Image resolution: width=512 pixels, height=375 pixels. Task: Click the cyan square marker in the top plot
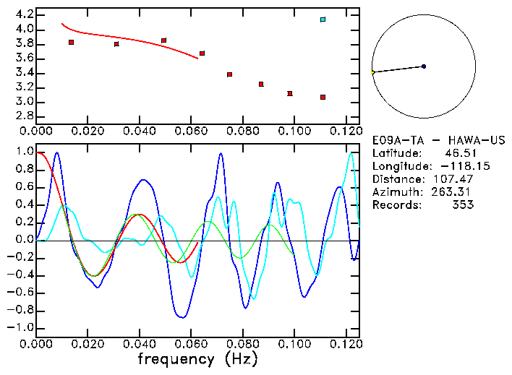coord(323,20)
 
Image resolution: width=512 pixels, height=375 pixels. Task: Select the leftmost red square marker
coord(71,43)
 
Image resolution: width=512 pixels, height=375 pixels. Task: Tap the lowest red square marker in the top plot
coord(323,97)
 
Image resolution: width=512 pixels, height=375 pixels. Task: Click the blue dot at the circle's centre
coord(424,66)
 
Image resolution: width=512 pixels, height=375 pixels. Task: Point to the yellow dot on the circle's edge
coord(372,73)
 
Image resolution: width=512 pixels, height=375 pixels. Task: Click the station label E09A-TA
coord(395,140)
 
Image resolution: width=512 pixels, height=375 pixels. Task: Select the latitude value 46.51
coord(458,153)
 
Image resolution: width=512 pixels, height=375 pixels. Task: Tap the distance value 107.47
coord(452,179)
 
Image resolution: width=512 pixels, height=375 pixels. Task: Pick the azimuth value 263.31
coord(452,192)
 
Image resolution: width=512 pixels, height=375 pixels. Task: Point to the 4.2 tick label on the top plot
coord(22,14)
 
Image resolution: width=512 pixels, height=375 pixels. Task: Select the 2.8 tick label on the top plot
coord(22,116)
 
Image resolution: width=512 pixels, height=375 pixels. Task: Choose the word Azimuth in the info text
coord(395,192)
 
